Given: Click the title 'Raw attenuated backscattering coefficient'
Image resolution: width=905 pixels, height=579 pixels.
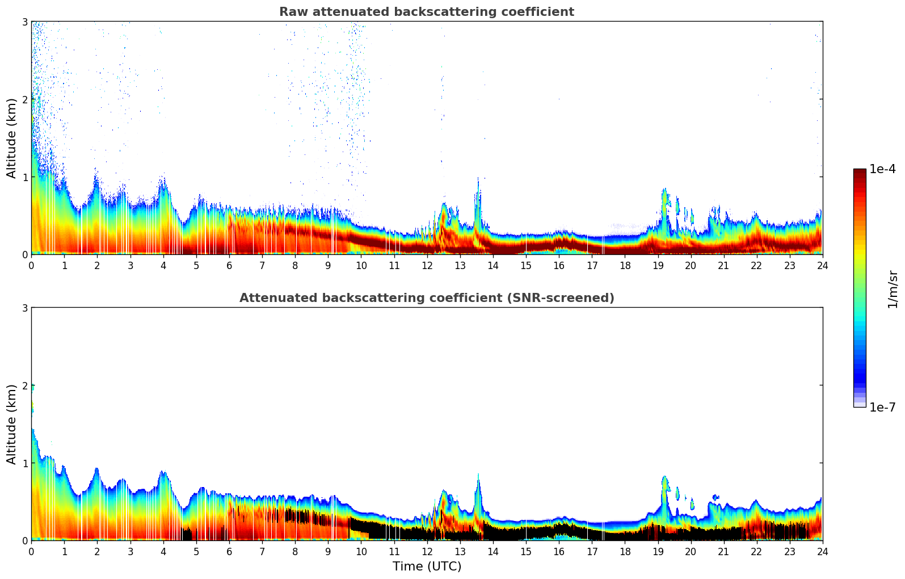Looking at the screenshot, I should click(426, 12).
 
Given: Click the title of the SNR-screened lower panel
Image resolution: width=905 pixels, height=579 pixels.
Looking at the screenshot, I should click(426, 298).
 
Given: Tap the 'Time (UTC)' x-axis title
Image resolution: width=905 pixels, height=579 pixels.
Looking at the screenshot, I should click(427, 567).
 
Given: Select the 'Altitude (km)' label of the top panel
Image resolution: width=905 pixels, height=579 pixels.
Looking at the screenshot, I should click(11, 138).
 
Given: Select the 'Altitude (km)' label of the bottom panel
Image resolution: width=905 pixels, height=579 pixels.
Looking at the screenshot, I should click(11, 424).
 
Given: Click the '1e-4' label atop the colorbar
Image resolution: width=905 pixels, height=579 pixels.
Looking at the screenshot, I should click(882, 169).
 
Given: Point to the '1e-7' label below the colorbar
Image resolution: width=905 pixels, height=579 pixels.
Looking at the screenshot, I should click(882, 407).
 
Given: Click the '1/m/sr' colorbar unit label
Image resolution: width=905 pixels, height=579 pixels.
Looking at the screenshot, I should click(893, 289).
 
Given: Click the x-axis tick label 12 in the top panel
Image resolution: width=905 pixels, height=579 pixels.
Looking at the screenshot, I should click(427, 265).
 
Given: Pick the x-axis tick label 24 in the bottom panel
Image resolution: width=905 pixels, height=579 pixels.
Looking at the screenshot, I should click(822, 551).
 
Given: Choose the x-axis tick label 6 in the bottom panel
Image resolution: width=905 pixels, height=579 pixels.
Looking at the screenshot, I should click(229, 551).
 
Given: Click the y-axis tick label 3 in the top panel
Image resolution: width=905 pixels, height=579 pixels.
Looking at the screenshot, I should click(24, 22).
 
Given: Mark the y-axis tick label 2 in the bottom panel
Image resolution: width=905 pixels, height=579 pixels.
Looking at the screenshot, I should click(24, 385).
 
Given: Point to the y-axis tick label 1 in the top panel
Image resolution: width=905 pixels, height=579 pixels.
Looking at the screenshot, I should click(24, 177).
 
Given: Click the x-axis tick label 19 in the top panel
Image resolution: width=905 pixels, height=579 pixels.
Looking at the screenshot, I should click(658, 265).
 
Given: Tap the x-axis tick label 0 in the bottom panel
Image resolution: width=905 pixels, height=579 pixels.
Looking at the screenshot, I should click(31, 551).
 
